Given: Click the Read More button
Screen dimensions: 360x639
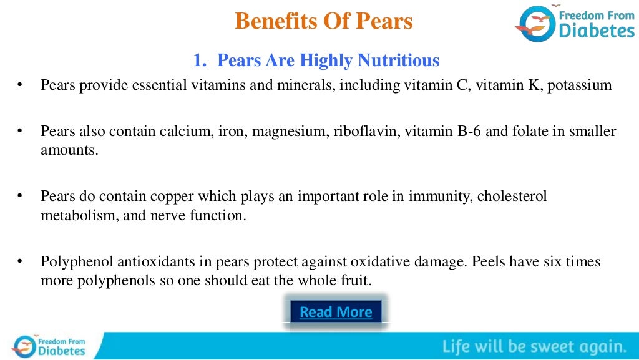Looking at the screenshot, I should coord(336,312).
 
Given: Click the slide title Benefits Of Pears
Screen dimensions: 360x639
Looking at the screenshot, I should coord(323,21).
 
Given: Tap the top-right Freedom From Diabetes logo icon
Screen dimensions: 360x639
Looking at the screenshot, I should coord(535,24).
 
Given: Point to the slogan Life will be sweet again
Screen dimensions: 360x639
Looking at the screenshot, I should coord(534,346).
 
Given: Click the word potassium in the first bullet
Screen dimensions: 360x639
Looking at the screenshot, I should coord(580,85).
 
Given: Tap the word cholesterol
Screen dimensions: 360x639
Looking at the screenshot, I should coord(512,197).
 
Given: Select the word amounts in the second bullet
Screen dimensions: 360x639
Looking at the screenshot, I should coord(69,150).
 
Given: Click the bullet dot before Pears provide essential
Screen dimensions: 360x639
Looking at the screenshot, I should coord(20,85).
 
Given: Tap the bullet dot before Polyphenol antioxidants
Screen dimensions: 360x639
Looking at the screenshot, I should coord(20,261).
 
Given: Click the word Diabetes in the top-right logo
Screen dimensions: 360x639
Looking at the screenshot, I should coord(596,30).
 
